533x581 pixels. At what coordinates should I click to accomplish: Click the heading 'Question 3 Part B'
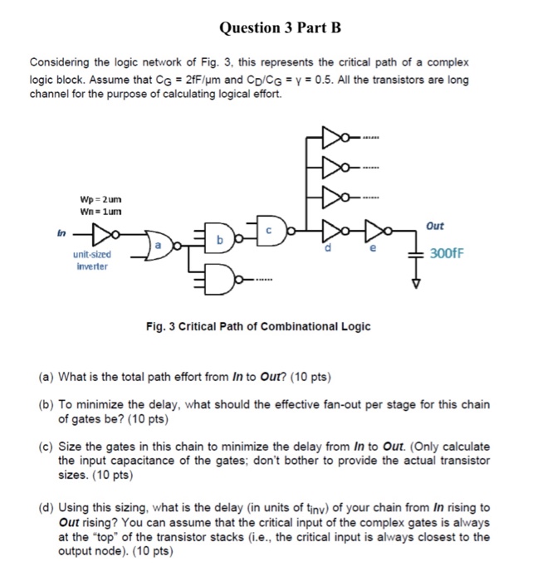(268, 28)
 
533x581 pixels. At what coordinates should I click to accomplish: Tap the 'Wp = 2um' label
(100, 200)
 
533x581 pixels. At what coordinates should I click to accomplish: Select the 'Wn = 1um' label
(100, 212)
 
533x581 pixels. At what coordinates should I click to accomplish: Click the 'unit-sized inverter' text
(91, 263)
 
